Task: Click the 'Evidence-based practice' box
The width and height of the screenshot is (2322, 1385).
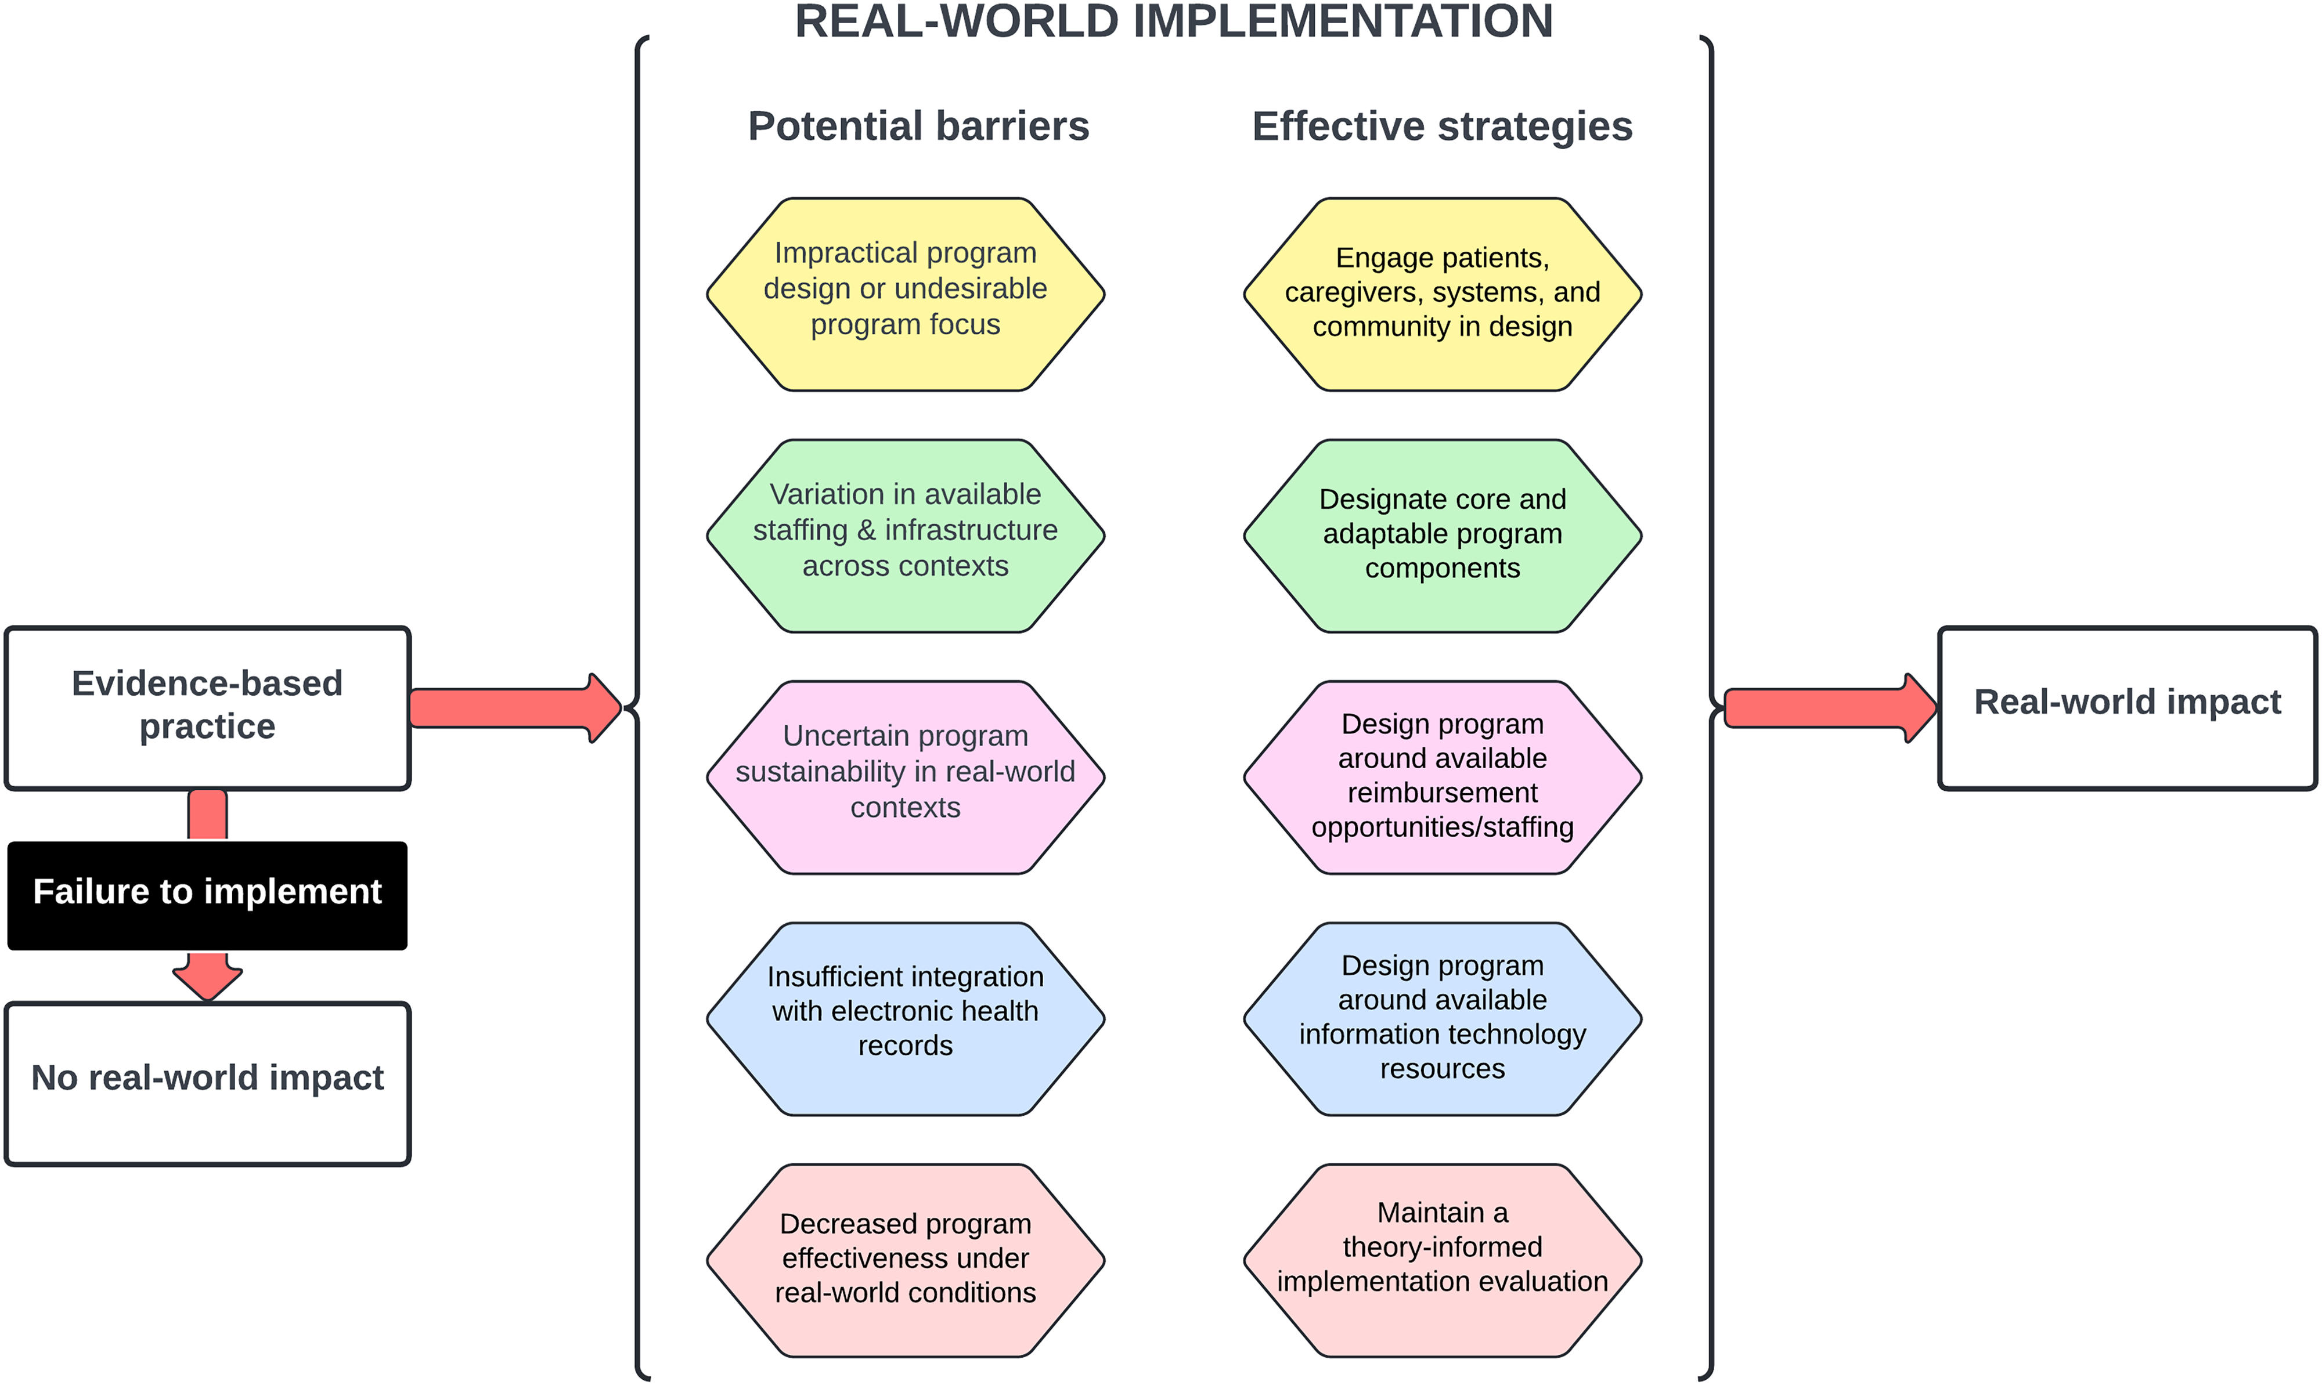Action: pyautogui.click(x=207, y=707)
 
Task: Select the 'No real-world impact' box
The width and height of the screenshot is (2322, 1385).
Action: pyautogui.click(x=207, y=1083)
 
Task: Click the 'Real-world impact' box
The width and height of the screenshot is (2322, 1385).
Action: pyautogui.click(x=2127, y=707)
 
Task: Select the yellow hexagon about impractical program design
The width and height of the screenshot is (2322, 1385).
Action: pyautogui.click(x=905, y=293)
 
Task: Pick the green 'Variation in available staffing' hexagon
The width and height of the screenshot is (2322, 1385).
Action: pyautogui.click(x=905, y=535)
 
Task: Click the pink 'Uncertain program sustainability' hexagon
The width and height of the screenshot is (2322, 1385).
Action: pyautogui.click(x=905, y=776)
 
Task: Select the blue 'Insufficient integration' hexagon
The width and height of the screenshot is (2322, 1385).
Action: pyautogui.click(x=905, y=1018)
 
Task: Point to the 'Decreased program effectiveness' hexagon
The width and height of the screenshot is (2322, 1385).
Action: pyautogui.click(x=905, y=1260)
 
